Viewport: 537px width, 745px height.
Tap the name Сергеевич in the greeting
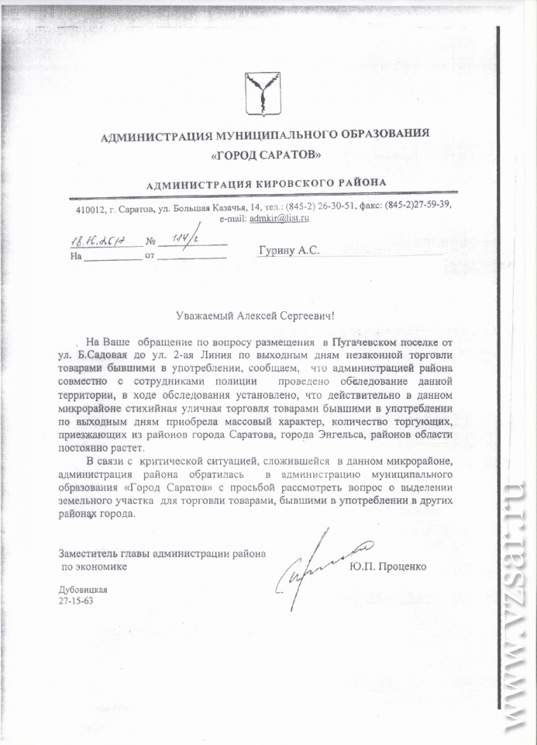pos(309,317)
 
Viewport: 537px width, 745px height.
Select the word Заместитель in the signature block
pos(88,554)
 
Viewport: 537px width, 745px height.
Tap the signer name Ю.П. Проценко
pos(387,567)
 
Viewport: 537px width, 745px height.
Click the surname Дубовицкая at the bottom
pos(83,590)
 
